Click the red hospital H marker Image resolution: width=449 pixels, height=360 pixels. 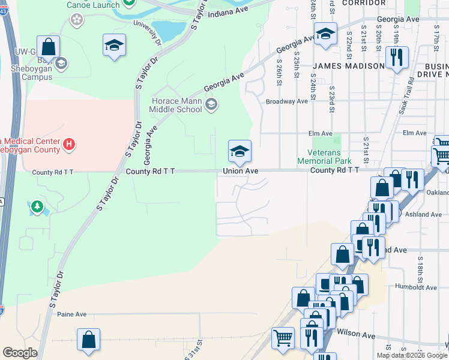70,145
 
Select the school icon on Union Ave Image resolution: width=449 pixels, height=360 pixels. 239,151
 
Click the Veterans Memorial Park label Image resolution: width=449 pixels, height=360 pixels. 324,157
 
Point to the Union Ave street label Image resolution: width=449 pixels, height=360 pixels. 240,171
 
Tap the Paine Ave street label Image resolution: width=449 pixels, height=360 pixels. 72,314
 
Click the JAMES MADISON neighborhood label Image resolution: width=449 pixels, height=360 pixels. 348,65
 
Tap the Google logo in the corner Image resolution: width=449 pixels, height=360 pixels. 20,353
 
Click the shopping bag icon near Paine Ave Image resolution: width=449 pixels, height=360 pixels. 89,340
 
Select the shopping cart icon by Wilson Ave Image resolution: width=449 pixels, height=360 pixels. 283,337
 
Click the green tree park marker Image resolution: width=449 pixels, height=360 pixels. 37,207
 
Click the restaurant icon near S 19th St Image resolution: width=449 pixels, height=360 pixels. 396,58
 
